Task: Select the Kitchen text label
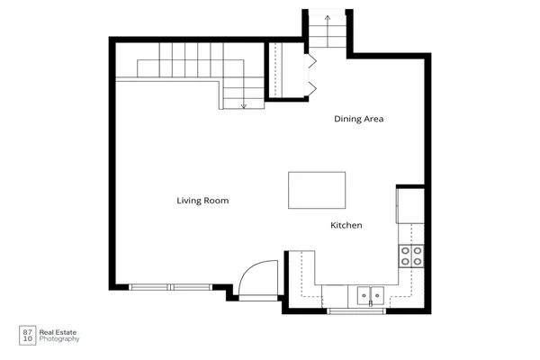click(x=346, y=225)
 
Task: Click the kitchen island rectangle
click(x=316, y=190)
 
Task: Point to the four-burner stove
click(x=411, y=256)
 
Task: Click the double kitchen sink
click(x=370, y=294)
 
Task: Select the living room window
click(x=171, y=287)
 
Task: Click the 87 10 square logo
click(x=27, y=334)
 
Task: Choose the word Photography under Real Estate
click(x=59, y=339)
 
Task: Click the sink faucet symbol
click(x=370, y=304)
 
